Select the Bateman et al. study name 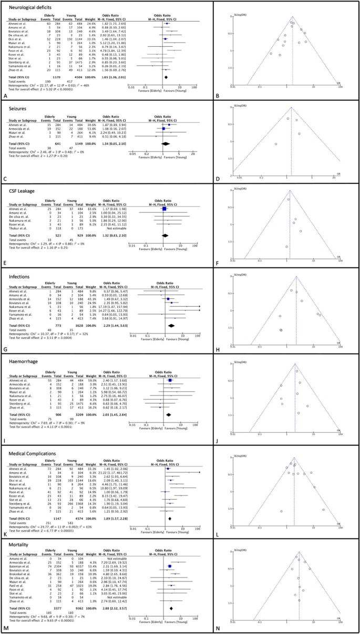tap(17, 562)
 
